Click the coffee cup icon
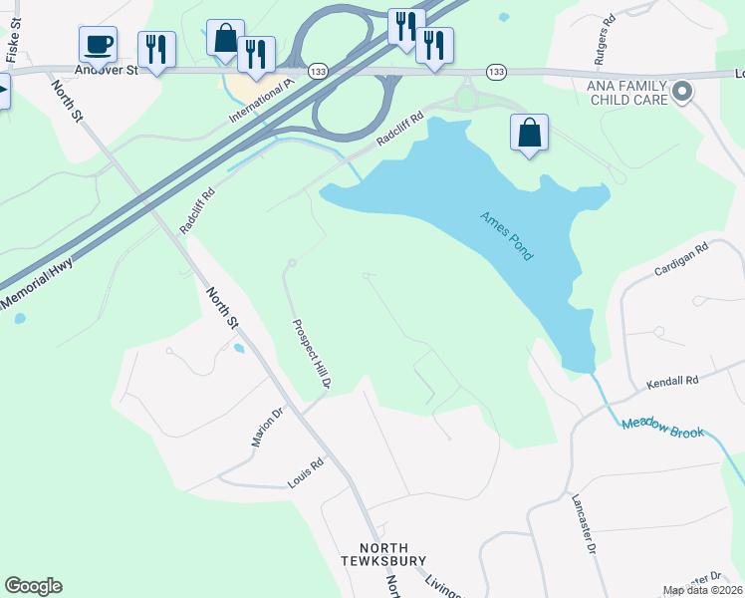(98, 45)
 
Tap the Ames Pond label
(507, 236)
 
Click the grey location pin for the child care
(682, 93)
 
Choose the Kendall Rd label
(673, 381)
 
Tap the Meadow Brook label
(662, 426)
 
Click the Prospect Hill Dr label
(310, 353)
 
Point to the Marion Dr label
(268, 427)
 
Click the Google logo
(33, 586)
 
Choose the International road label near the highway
(258, 100)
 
